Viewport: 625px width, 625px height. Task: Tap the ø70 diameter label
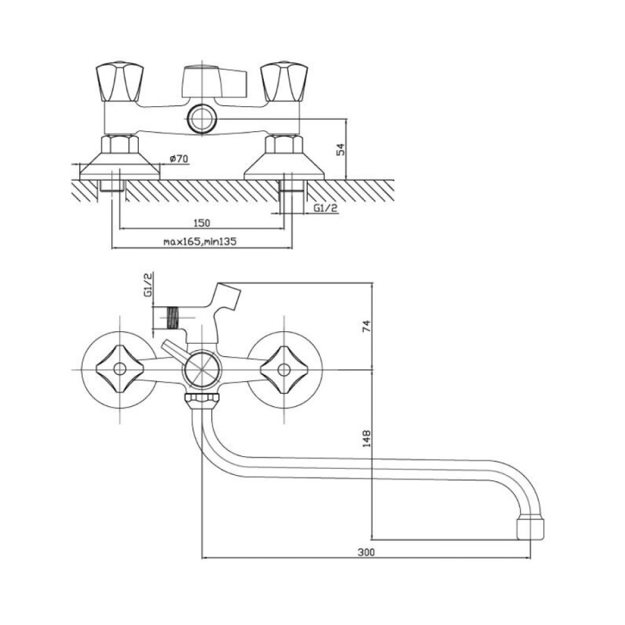pos(178,158)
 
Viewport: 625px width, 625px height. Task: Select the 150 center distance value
pos(201,223)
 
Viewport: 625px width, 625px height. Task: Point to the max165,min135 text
pos(200,241)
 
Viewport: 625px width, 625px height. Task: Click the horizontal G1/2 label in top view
pos(326,208)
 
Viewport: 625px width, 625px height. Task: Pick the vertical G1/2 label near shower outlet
pos(148,285)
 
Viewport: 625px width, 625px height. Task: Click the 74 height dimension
pos(366,326)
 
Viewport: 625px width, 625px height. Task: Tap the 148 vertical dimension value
pos(366,438)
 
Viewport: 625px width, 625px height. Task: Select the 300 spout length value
pos(366,552)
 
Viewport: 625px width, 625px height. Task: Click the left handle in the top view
pos(119,82)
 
